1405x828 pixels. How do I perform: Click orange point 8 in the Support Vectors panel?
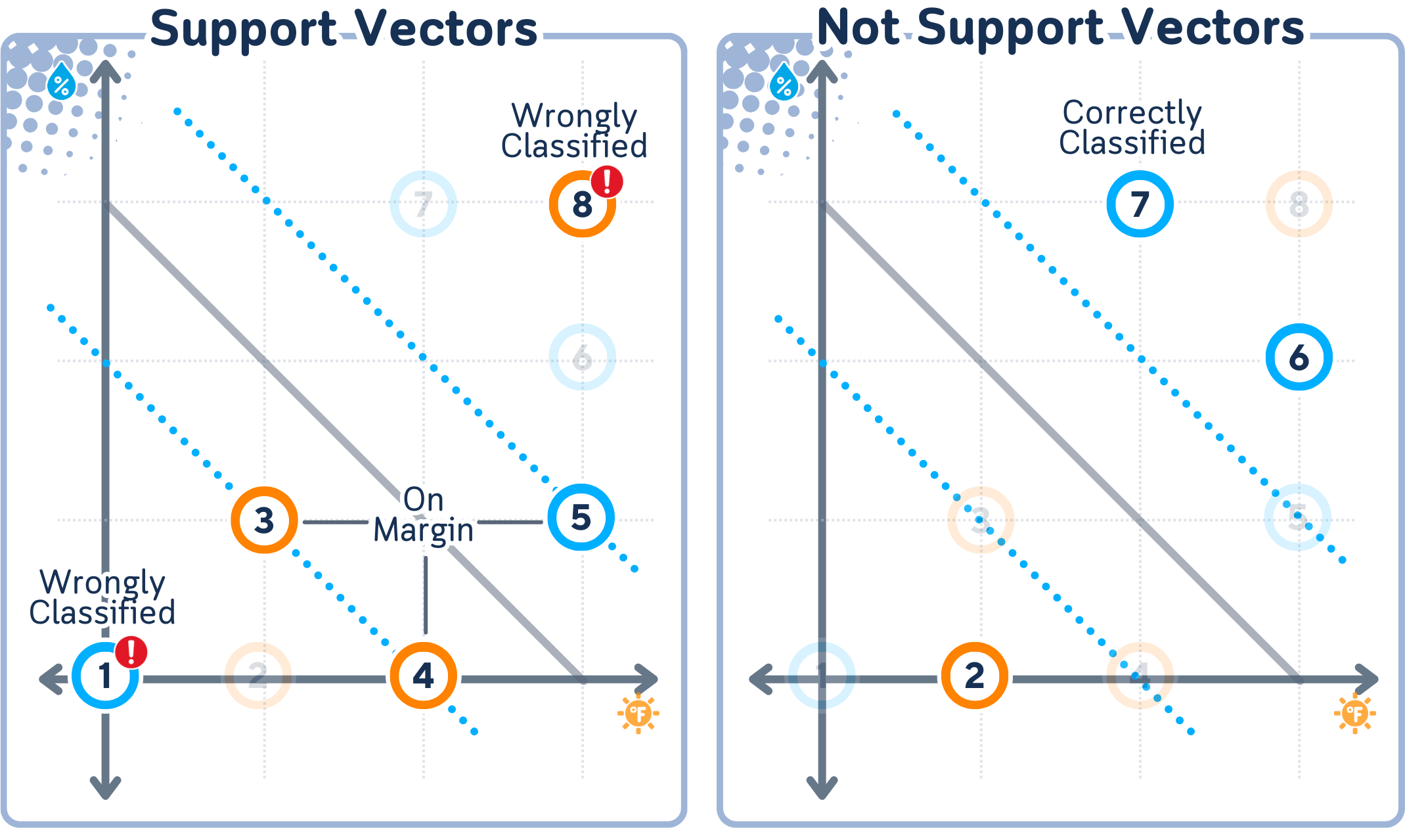(x=582, y=204)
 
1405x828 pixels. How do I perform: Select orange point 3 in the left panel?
(x=264, y=520)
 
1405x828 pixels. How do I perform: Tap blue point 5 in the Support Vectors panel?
(x=581, y=517)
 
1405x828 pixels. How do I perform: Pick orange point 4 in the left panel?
(x=424, y=676)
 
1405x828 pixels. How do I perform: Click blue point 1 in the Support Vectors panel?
(x=105, y=676)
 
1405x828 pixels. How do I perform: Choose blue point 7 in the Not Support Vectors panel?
(x=1140, y=204)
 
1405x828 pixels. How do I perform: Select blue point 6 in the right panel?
(x=1299, y=357)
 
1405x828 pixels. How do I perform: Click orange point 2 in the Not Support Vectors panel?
(x=975, y=676)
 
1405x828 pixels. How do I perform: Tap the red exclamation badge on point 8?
(x=607, y=181)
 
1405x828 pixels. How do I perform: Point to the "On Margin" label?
(x=424, y=515)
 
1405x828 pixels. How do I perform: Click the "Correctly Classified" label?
(x=1132, y=127)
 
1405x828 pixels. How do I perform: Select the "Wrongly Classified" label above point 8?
(x=574, y=131)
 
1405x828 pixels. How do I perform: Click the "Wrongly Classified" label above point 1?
(x=102, y=597)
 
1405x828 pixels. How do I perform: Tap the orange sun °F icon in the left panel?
(x=638, y=713)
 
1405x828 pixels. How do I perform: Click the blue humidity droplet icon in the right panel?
(x=784, y=83)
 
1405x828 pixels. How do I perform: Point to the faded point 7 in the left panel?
(x=423, y=204)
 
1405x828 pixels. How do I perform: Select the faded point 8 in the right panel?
(x=1299, y=204)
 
